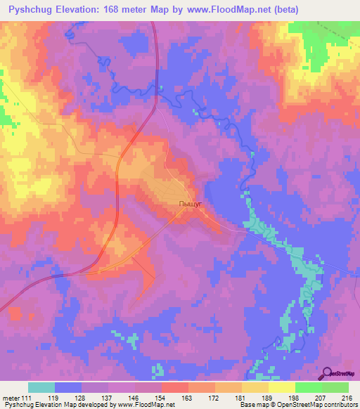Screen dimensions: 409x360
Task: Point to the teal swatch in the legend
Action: point(41,387)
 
